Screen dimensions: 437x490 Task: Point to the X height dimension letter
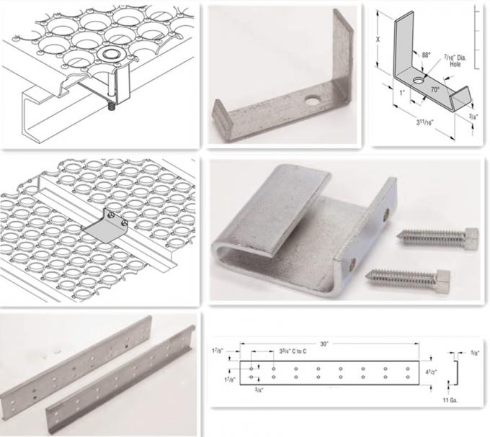[x=378, y=42]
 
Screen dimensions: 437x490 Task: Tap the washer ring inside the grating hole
[x=110, y=55]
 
